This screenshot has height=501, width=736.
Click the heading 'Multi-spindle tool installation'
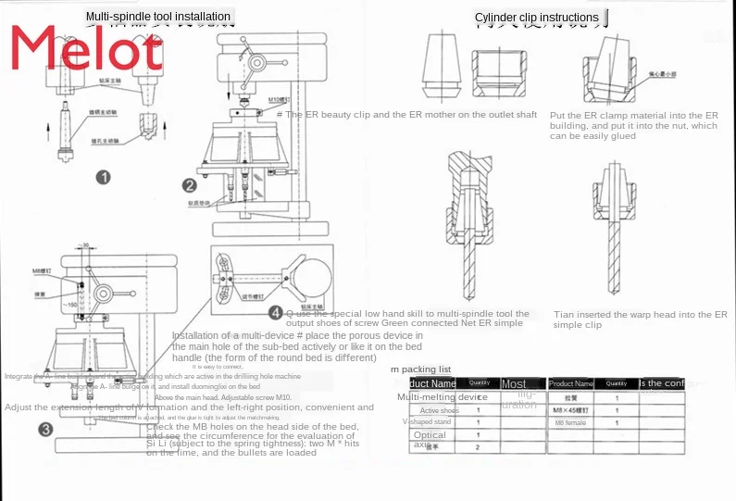click(x=157, y=17)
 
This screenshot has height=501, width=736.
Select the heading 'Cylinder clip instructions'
click(x=536, y=18)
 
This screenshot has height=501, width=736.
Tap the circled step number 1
click(x=105, y=178)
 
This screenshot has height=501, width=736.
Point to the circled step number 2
click(x=190, y=184)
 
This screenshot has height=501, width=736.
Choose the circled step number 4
click(x=275, y=312)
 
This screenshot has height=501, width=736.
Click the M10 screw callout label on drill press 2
click(x=279, y=98)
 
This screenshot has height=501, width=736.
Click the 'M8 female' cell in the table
click(x=570, y=422)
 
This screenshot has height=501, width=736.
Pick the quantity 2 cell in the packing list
click(x=478, y=447)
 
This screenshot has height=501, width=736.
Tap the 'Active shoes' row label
click(x=439, y=410)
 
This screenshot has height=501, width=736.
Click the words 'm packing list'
click(x=420, y=369)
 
